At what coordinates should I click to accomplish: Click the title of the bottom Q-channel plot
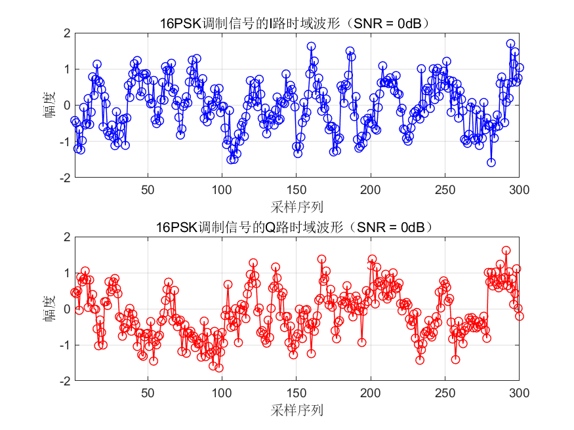(295, 227)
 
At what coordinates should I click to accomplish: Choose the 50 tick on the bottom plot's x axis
(148, 393)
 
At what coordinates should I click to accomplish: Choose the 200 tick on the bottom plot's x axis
(371, 393)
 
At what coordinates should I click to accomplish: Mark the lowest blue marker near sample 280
(491, 162)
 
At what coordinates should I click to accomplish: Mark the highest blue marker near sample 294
(510, 44)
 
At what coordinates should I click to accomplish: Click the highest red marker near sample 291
(506, 250)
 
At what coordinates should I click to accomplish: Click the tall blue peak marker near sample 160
(311, 47)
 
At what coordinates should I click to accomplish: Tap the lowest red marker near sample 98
(218, 368)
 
